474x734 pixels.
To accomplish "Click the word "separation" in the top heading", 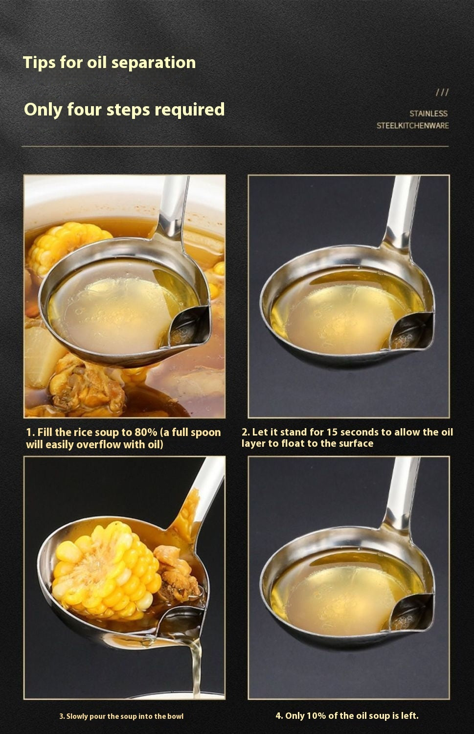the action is pos(154,63).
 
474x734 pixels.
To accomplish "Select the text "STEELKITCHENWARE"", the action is pos(412,125).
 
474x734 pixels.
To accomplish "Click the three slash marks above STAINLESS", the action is pos(442,92).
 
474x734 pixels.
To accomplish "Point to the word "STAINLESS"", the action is pos(429,114).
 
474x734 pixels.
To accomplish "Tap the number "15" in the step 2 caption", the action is pos(332,432).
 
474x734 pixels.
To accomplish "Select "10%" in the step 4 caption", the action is pos(316,715).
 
